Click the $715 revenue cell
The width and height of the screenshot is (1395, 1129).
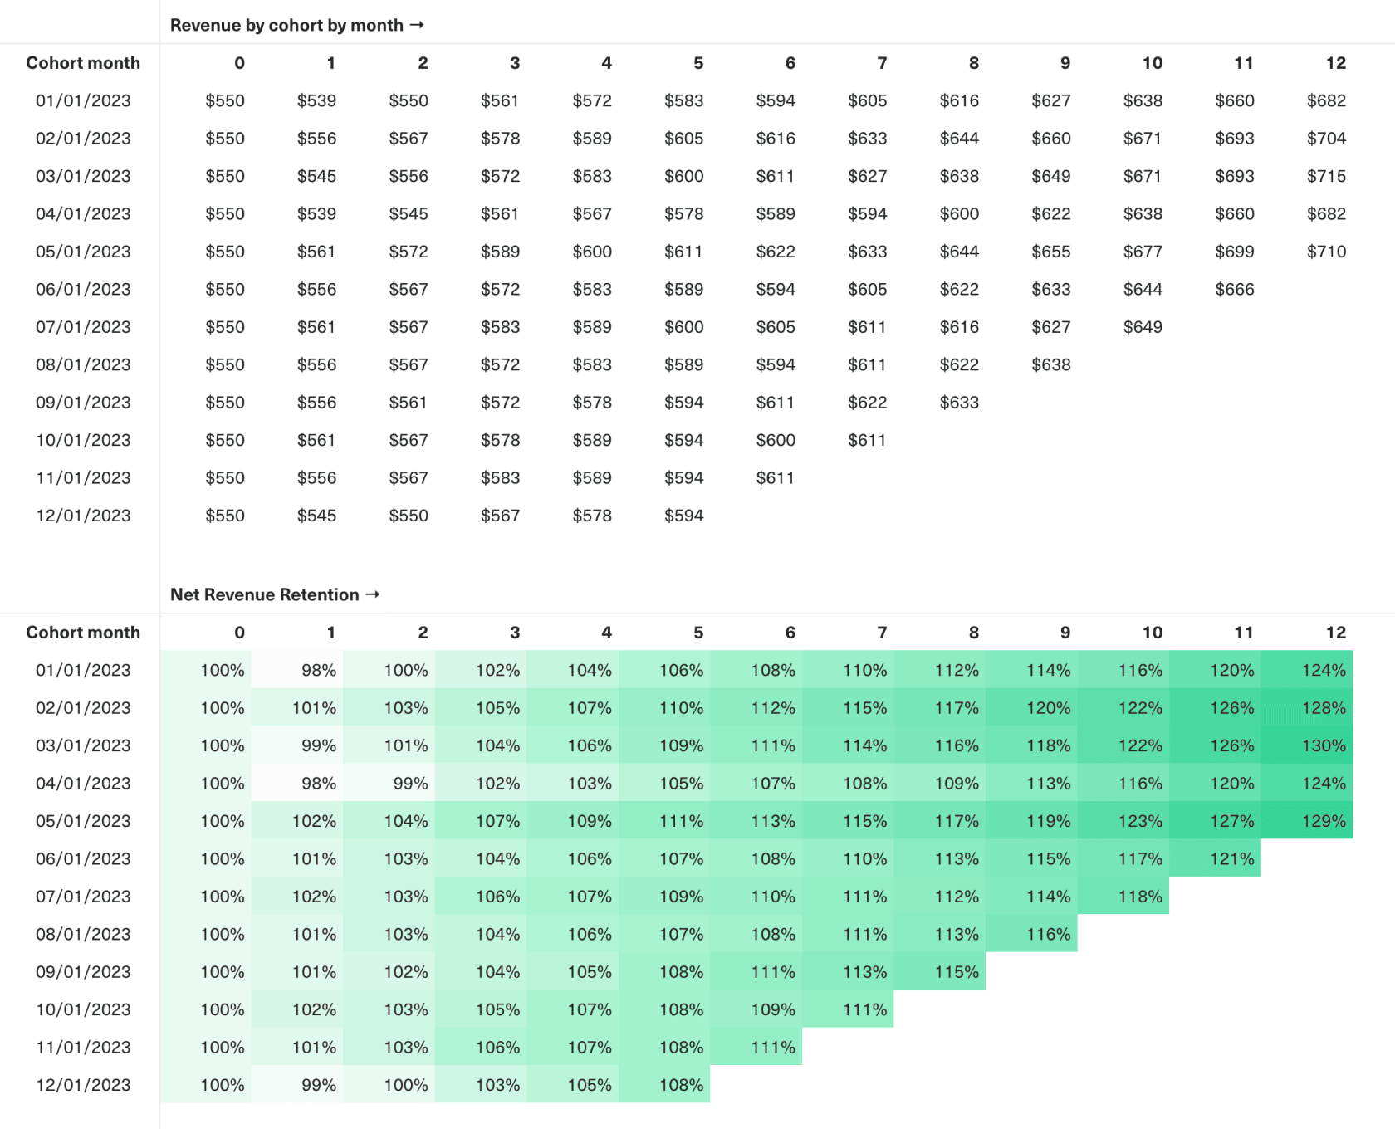(1326, 176)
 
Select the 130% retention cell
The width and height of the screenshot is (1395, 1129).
(1323, 745)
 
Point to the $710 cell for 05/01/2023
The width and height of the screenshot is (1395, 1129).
(1326, 252)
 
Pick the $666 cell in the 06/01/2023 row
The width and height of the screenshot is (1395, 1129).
(1234, 289)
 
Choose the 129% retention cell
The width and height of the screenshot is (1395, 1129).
(1323, 821)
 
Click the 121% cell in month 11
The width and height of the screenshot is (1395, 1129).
(1231, 858)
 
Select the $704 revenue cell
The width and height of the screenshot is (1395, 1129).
(1326, 139)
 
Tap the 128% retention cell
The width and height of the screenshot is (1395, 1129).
(1323, 708)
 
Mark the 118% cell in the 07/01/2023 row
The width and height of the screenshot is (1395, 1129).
(1139, 897)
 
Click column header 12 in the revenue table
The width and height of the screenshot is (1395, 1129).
(1335, 63)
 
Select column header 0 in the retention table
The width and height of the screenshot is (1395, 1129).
(239, 633)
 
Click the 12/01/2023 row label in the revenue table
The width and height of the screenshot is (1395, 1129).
(83, 516)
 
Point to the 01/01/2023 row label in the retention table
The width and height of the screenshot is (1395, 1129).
(83, 670)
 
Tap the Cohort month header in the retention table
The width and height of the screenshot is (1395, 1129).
(83, 633)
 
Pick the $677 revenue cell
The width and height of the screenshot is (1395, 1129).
(1143, 252)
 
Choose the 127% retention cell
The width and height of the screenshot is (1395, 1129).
(1231, 821)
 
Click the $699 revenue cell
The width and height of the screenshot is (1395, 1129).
(1234, 252)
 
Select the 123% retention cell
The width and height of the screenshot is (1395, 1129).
(1139, 821)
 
